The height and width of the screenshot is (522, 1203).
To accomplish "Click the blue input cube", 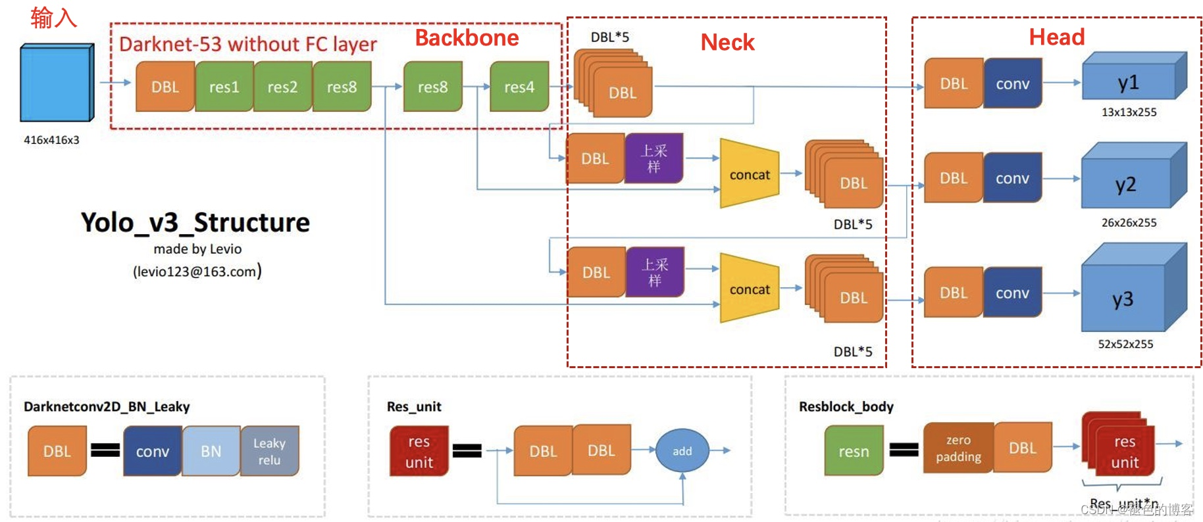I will pos(56,83).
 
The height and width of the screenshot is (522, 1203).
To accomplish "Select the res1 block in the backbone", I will pos(224,87).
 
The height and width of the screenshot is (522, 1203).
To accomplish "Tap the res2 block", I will pos(282,87).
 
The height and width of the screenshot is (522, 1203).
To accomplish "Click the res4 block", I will pos(519,87).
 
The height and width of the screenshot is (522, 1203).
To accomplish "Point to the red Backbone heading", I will pos(467,38).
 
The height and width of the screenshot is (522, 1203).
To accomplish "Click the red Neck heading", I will pos(727,43).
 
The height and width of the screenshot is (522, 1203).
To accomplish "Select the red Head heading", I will pos(1056,37).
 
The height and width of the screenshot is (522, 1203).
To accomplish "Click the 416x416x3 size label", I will pos(51,140).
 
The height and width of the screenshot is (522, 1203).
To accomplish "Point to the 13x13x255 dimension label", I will pos(1129,112).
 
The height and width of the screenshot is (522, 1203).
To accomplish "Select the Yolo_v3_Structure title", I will pos(195,223).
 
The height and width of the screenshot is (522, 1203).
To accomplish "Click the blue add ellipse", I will pos(682,451).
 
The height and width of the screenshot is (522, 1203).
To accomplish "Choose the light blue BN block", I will pos(211,451).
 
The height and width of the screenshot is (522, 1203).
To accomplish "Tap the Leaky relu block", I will pos(269,451).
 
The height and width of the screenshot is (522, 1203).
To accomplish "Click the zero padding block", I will pos(958,448).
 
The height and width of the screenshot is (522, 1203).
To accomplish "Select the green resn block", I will pos(854,451).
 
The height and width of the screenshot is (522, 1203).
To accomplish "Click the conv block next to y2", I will pos(1012,178).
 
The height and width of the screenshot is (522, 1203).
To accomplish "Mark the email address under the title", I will pos(197,272).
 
